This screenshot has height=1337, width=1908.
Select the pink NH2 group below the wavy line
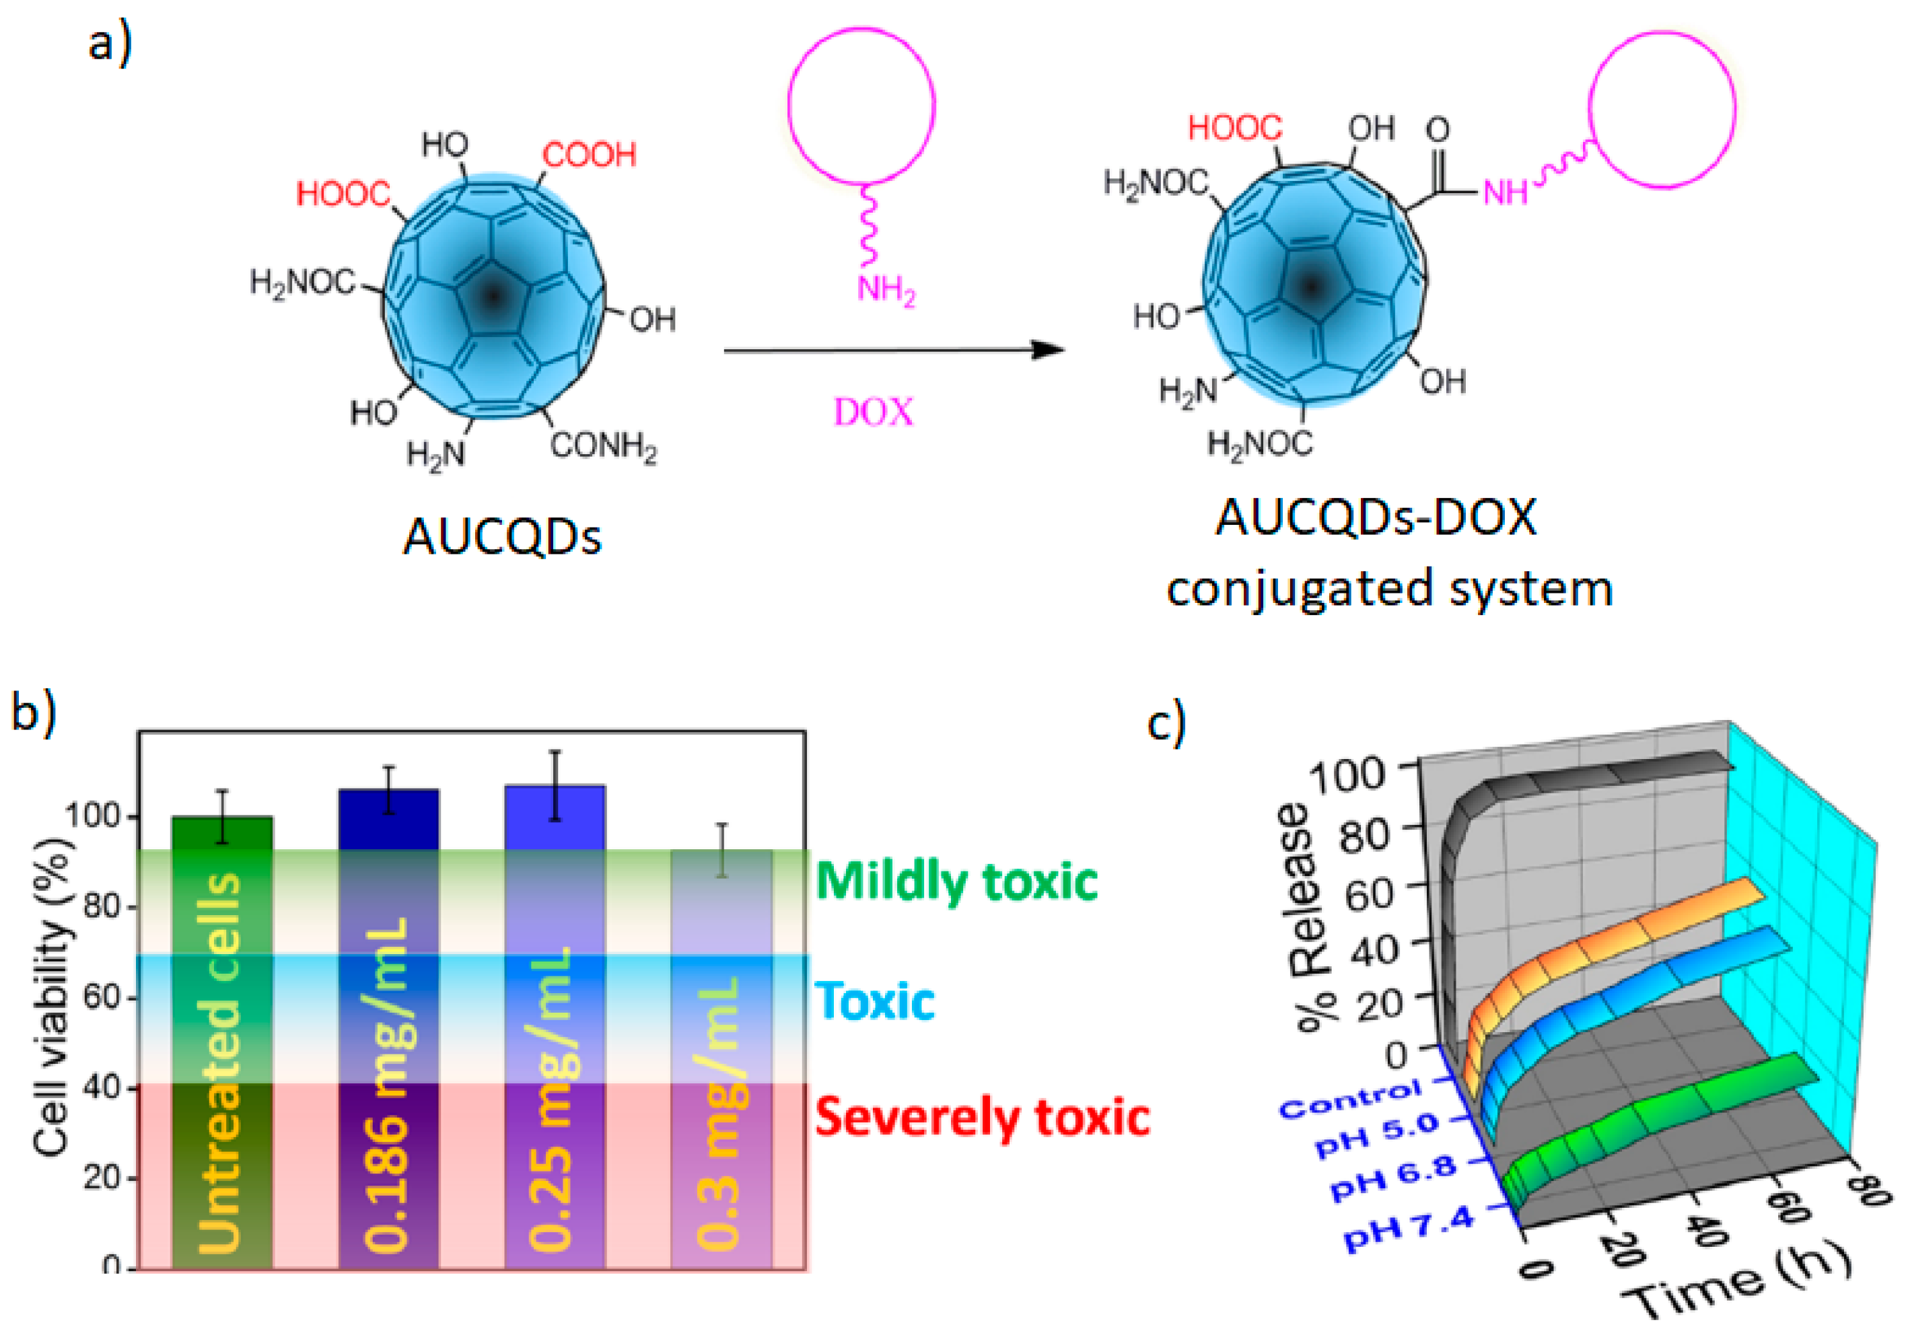pyautogui.click(x=886, y=291)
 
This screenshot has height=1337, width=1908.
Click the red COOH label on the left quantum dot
pyautogui.click(x=589, y=155)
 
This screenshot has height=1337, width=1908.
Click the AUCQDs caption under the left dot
pyautogui.click(x=502, y=537)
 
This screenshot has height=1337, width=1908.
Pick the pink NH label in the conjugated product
pyautogui.click(x=1506, y=194)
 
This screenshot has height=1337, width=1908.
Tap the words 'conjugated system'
pyautogui.click(x=1390, y=588)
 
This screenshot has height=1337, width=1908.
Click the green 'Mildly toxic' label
pyautogui.click(x=956, y=881)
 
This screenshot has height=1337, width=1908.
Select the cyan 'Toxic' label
pyautogui.click(x=875, y=1001)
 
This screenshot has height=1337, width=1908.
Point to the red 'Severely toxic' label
pyautogui.click(x=982, y=1117)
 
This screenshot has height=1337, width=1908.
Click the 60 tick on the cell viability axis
pyautogui.click(x=102, y=997)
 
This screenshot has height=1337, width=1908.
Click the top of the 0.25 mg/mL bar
pyautogui.click(x=555, y=786)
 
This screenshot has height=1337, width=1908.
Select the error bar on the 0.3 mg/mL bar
pyautogui.click(x=722, y=849)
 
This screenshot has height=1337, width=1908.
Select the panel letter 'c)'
pyautogui.click(x=1165, y=723)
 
